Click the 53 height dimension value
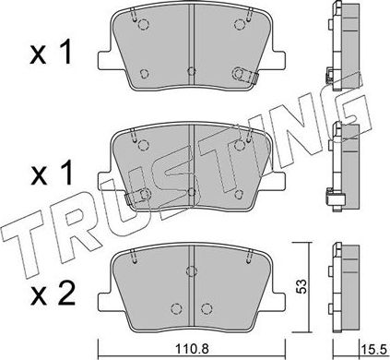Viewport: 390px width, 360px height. pos(300,286)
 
